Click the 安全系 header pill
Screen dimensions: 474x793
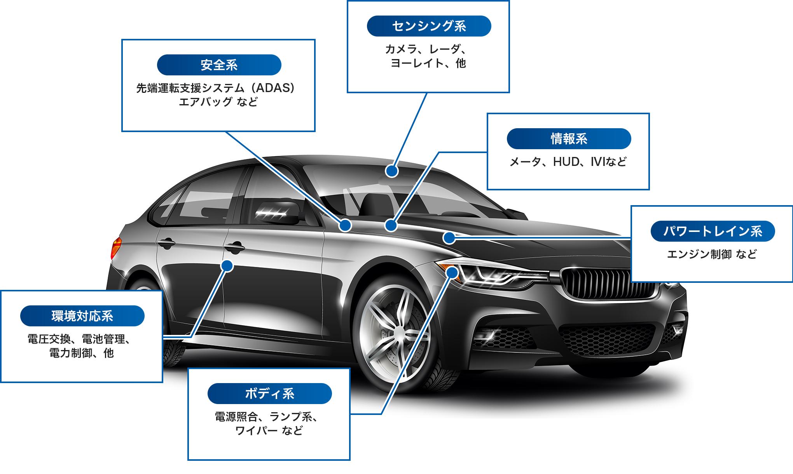coord(219,65)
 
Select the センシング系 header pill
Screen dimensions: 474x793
coord(429,26)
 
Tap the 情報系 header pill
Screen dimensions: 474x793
coord(569,139)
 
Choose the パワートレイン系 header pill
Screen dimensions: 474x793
coord(713,231)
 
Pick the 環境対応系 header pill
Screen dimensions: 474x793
coord(82,316)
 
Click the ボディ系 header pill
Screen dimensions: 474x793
coord(269,394)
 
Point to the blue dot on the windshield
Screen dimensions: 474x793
coord(392,171)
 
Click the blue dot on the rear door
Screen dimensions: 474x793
coord(227,266)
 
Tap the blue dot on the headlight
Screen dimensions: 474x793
coord(452,272)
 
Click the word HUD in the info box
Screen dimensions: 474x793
coord(566,162)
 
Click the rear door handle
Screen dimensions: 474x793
coord(166,244)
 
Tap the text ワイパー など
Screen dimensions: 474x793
coord(269,430)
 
